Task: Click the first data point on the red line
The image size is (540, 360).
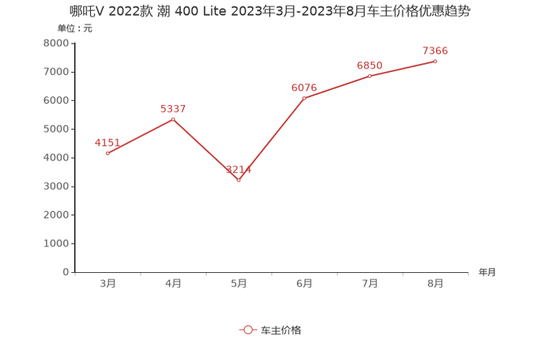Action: click(x=107, y=153)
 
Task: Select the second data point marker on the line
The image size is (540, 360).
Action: click(x=173, y=118)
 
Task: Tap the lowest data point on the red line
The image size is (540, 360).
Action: click(x=239, y=179)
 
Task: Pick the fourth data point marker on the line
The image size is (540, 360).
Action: click(x=304, y=97)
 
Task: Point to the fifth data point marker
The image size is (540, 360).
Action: click(x=369, y=75)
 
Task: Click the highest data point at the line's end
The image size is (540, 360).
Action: click(x=435, y=61)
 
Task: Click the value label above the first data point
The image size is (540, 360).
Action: click(x=107, y=142)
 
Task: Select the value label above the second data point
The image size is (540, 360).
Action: click(x=173, y=109)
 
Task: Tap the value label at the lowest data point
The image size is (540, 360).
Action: click(x=238, y=171)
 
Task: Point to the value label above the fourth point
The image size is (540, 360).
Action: click(x=304, y=87)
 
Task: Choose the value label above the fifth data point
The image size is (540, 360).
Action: click(x=369, y=65)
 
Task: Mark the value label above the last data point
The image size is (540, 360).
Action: click(x=435, y=51)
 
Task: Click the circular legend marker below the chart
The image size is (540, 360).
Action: click(x=247, y=330)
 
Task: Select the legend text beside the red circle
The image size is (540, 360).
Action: click(x=281, y=330)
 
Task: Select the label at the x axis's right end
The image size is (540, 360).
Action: click(x=487, y=272)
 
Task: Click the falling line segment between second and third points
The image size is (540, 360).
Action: click(x=205, y=149)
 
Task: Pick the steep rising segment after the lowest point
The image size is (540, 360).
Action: click(x=271, y=139)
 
